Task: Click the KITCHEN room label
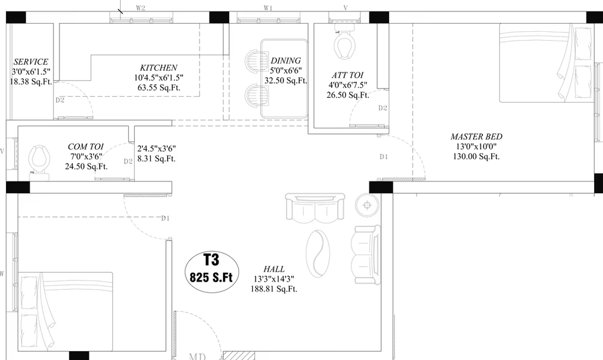tap(158, 68)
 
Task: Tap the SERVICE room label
tap(31, 62)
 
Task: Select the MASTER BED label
tap(476, 137)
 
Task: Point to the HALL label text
tap(274, 269)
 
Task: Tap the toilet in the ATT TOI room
tap(344, 42)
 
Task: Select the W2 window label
tap(140, 8)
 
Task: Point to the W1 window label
tap(268, 8)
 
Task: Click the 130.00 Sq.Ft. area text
tap(476, 157)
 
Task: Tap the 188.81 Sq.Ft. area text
tap(274, 289)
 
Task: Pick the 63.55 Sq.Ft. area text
tap(159, 88)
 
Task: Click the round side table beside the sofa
tap(367, 205)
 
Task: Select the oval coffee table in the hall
tap(318, 253)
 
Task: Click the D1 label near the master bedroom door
tap(384, 157)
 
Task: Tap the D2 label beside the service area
tap(59, 100)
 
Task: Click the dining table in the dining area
tap(284, 78)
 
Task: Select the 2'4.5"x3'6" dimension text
tap(157, 148)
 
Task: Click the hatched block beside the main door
tap(239, 356)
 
